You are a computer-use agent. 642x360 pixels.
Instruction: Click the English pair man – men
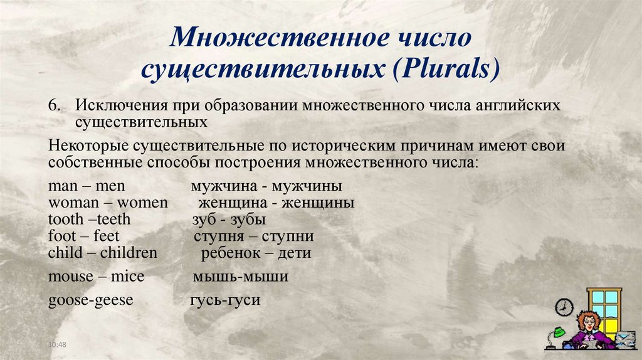(87, 186)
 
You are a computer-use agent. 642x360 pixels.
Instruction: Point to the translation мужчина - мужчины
(266, 186)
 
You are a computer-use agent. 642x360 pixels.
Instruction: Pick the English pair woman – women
(108, 203)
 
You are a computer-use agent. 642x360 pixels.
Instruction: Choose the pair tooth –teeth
(89, 220)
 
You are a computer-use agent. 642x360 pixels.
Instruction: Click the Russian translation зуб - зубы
(229, 220)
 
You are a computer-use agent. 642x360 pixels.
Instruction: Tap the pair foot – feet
(83, 236)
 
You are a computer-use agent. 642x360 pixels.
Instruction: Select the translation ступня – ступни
(254, 236)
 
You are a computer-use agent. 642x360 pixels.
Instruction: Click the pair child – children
(102, 253)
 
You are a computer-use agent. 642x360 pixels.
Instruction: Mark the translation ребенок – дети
(256, 253)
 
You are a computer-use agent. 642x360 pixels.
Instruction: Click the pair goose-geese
(90, 300)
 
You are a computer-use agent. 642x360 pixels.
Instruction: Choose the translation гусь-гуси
(224, 300)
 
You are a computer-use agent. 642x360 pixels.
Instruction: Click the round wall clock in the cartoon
(564, 306)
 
